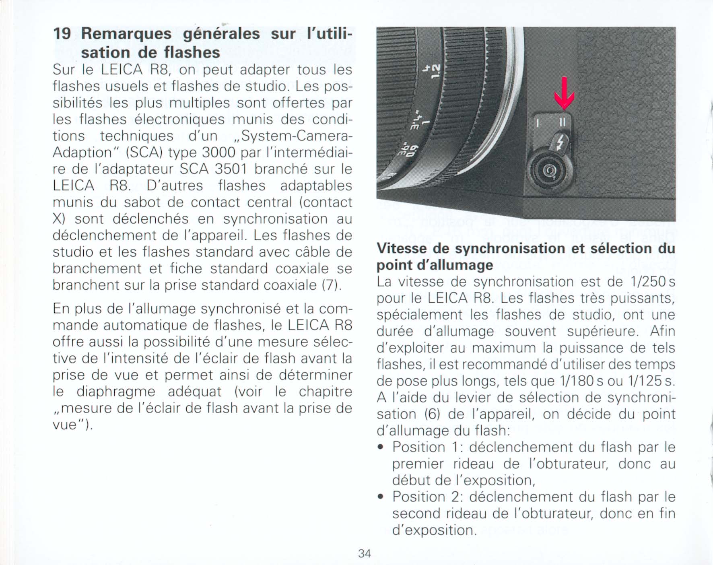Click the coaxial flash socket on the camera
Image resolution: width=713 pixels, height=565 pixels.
(550, 172)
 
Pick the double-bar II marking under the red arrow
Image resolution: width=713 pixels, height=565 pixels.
(563, 121)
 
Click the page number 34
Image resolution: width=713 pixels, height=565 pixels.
(364, 554)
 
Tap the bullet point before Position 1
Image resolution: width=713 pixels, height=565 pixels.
(380, 447)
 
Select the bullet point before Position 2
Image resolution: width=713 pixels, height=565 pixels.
(380, 497)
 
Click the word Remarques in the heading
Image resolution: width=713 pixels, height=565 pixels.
(126, 33)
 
